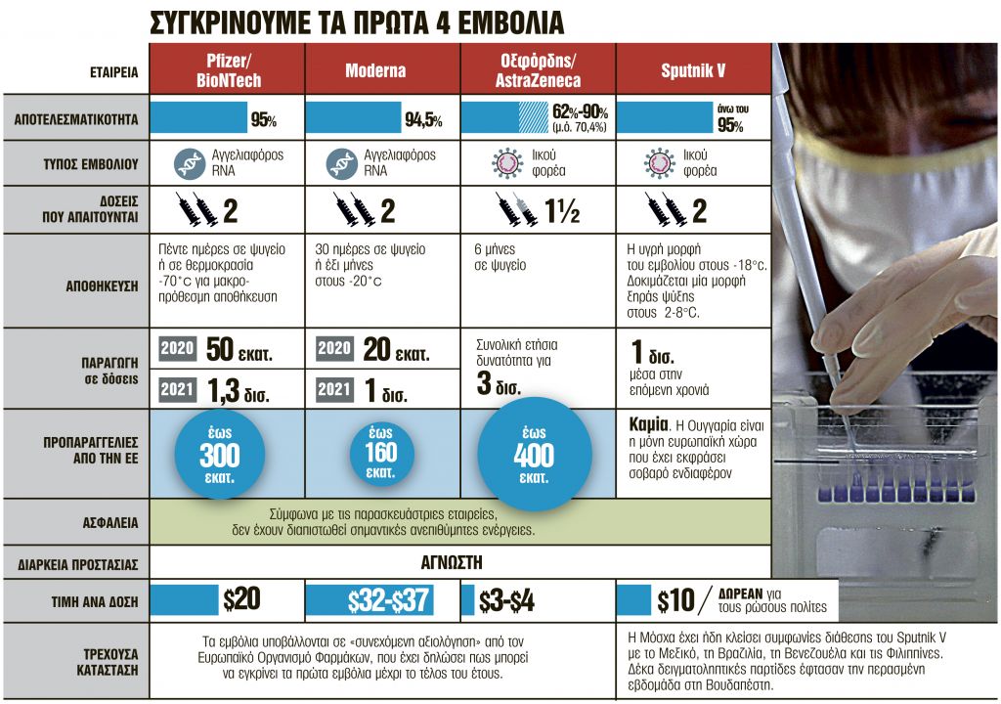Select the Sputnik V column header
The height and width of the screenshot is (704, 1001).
pyautogui.click(x=692, y=70)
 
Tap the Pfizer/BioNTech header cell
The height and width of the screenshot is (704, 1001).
pyautogui.click(x=227, y=70)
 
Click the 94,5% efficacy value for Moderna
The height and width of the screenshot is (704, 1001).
pyautogui.click(x=423, y=121)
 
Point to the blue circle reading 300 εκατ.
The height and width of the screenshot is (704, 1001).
pyautogui.click(x=219, y=454)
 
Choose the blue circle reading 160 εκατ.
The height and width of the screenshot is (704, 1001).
pyautogui.click(x=382, y=454)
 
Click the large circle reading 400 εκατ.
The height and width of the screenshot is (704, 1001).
pyautogui.click(x=534, y=454)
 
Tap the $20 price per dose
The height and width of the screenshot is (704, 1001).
pyautogui.click(x=241, y=600)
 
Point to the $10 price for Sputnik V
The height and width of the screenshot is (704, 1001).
pyautogui.click(x=675, y=600)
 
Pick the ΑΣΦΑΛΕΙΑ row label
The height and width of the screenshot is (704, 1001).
pyautogui.click(x=109, y=523)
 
